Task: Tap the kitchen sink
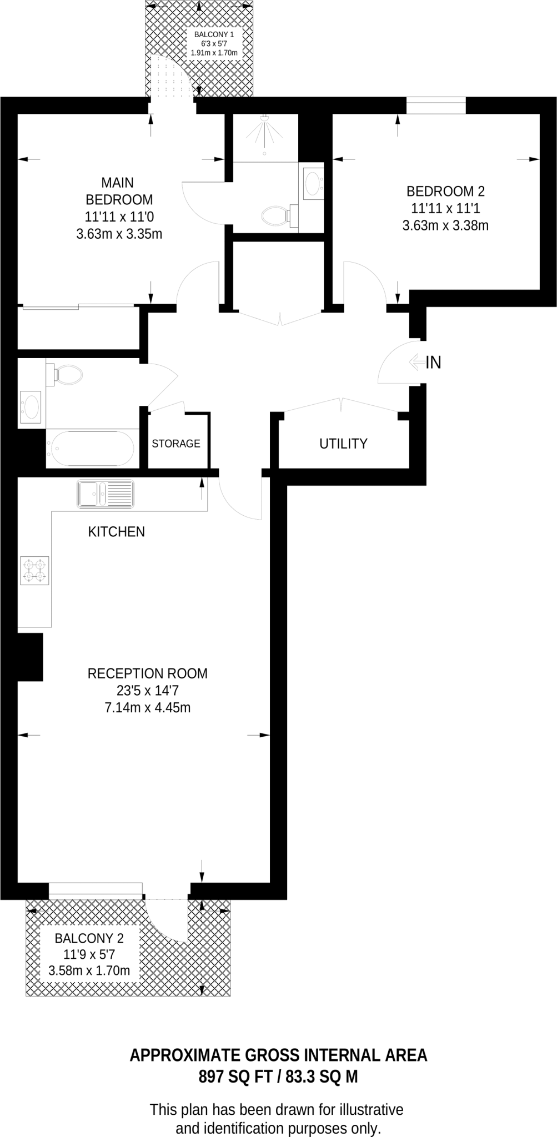(x=106, y=494)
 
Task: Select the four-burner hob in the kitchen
(x=34, y=571)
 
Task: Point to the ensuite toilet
(x=276, y=214)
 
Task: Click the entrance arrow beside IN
(x=416, y=362)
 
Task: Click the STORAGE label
(x=176, y=444)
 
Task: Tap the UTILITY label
(x=343, y=444)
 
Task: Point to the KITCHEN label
(x=117, y=532)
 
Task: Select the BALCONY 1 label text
(x=214, y=34)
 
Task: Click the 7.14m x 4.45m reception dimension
(x=148, y=708)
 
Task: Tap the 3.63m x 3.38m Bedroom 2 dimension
(x=445, y=225)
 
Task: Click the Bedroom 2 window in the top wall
(x=436, y=105)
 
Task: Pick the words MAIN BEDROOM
(x=119, y=190)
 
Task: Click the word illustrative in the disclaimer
(x=372, y=1110)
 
